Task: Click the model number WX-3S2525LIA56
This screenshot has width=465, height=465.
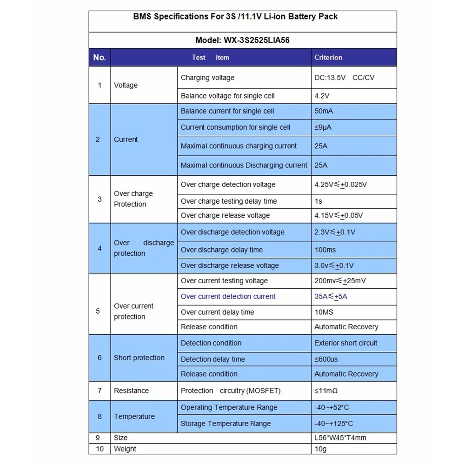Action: coord(243,40)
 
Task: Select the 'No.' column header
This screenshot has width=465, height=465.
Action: coord(100,58)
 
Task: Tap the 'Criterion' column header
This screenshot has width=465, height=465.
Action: coord(328,58)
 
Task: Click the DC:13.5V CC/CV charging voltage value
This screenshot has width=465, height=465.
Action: coord(344,78)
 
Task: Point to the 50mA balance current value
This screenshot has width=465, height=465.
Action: coord(324,111)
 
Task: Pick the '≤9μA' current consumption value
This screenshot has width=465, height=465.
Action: coord(323,127)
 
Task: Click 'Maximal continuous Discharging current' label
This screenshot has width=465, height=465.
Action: coord(244,165)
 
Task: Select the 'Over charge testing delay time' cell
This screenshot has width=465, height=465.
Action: coord(229,201)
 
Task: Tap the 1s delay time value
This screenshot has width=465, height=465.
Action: coord(318,201)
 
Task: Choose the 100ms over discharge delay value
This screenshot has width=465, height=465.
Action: coord(325,250)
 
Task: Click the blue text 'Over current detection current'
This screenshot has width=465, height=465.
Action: coord(228,296)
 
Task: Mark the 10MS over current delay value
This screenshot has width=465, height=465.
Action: coord(324,312)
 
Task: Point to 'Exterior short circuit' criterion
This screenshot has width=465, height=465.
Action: coord(346,343)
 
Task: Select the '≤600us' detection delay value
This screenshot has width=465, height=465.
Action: coord(326,359)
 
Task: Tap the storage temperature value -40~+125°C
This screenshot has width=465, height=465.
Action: coord(333,424)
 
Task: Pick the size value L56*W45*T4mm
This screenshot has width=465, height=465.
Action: coord(340,438)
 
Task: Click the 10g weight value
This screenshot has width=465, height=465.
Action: coord(321,449)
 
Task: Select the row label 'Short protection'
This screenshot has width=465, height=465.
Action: coord(139,358)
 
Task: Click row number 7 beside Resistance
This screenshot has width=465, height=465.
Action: coord(100,391)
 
